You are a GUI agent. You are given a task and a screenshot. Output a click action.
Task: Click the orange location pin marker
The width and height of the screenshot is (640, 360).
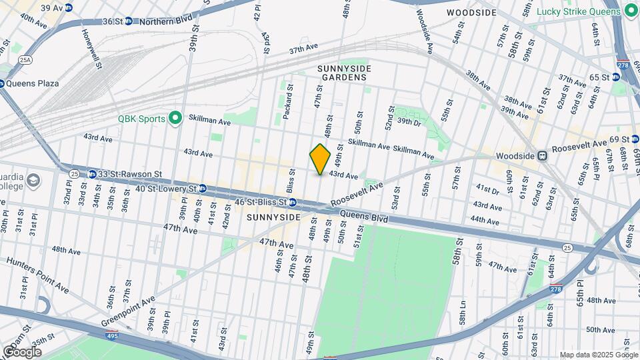tap(320, 159)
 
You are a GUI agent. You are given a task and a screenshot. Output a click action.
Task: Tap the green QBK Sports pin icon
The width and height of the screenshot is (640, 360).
tap(175, 119)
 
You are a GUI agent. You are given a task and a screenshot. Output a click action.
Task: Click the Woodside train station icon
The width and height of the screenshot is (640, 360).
tap(543, 155)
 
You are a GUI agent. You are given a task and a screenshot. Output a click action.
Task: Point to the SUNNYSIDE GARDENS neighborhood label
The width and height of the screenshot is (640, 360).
tap(343, 73)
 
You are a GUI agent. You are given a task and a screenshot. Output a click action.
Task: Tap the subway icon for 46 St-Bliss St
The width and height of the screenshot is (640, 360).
tap(292, 201)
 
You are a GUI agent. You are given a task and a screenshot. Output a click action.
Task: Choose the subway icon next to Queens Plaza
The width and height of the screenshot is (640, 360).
tap(2, 83)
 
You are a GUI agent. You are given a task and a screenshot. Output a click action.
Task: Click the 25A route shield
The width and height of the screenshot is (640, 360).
tap(25, 60)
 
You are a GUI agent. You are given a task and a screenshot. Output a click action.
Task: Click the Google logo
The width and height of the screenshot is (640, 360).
tap(22, 351)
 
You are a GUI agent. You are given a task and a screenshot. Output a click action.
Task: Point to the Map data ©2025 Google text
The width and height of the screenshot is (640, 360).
tap(598, 355)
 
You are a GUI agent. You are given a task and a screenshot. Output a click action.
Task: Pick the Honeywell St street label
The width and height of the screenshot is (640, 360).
tap(91, 49)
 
